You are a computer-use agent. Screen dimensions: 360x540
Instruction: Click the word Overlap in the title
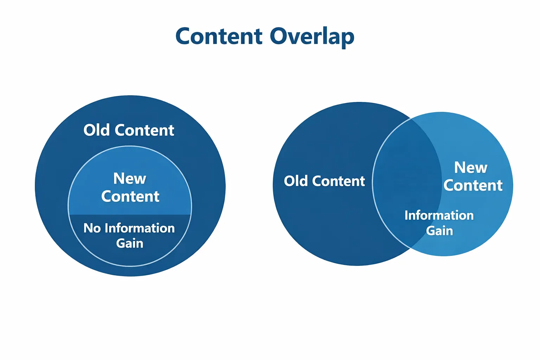[x=312, y=37]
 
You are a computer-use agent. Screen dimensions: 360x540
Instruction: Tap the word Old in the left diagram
[x=97, y=130]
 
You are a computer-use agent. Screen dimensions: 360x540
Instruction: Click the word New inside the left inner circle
[x=129, y=179]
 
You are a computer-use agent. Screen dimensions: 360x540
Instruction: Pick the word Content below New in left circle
[x=130, y=197]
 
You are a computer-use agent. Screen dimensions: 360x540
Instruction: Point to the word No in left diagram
[x=92, y=228]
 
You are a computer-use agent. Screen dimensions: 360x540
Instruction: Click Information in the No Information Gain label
[x=140, y=228]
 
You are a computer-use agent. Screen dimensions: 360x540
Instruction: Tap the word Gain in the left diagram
[x=130, y=243]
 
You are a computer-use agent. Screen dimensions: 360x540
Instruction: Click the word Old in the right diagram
[x=296, y=181]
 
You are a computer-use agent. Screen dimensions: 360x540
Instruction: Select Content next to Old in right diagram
[x=338, y=181]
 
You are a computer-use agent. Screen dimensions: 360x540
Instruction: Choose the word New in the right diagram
[x=470, y=167]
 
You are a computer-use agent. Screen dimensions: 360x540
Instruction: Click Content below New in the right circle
[x=473, y=185]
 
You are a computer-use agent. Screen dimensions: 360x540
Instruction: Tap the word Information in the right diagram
[x=439, y=215]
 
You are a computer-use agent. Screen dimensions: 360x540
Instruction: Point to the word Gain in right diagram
[x=439, y=231]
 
